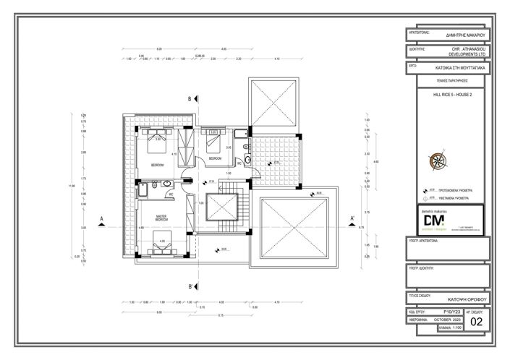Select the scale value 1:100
coord(453,328)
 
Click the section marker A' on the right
coord(352,219)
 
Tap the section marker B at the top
coord(190,98)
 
